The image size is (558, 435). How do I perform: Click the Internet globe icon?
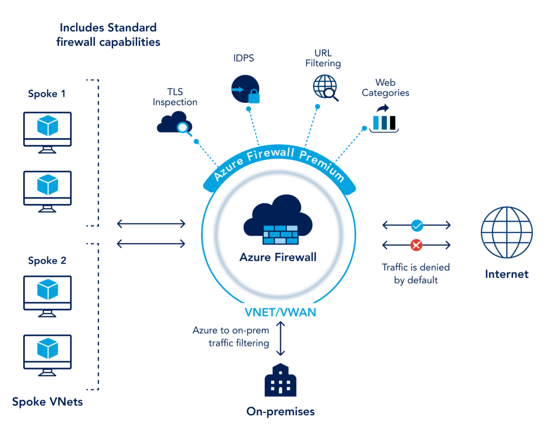pos(506,232)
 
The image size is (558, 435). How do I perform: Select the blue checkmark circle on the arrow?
pos(417,226)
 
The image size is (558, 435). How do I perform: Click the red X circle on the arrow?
pos(416,245)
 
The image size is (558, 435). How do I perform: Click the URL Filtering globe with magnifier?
pos(325,87)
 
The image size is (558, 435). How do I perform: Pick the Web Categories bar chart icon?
pos(384,120)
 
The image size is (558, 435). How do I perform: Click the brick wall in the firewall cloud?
pos(280,235)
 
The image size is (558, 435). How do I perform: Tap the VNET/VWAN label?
pos(280,312)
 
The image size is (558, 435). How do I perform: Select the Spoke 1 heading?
pos(46,94)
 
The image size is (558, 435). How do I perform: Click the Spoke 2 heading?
pos(47,260)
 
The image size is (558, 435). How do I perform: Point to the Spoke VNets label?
pos(47,402)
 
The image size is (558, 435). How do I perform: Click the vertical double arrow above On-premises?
pos(280,338)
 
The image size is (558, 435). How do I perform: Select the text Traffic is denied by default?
pos(416,274)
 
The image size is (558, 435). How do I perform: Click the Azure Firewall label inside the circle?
pos(278,257)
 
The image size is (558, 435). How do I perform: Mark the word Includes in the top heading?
pos(82,28)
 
